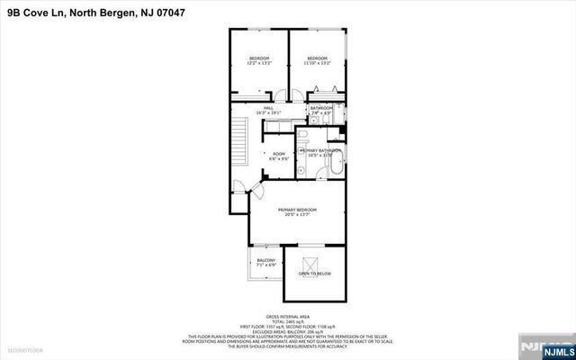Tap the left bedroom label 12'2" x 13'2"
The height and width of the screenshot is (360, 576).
259,60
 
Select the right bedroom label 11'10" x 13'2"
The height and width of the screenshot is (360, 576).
317,60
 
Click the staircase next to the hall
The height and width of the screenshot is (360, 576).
239,140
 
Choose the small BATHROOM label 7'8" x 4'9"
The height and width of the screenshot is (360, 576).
321,111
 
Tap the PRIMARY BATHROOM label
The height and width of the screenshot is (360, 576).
327,152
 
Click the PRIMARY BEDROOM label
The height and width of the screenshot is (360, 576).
297,211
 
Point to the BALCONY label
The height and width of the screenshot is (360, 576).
265,263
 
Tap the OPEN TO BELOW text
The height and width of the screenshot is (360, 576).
315,273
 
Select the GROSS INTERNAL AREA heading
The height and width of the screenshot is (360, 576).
289,317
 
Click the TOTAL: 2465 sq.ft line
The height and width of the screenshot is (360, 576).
289,321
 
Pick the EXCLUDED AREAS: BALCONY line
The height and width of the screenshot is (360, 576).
289,330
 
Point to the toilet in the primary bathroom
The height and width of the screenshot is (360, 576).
305,137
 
